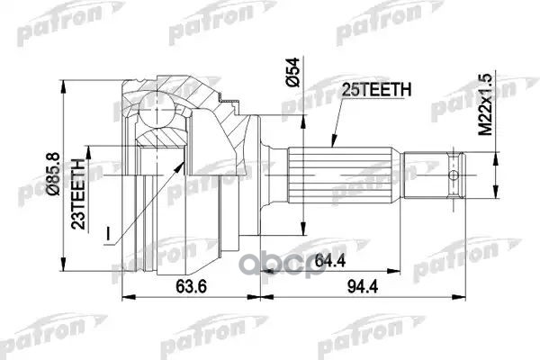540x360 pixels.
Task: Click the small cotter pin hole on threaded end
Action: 455,175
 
